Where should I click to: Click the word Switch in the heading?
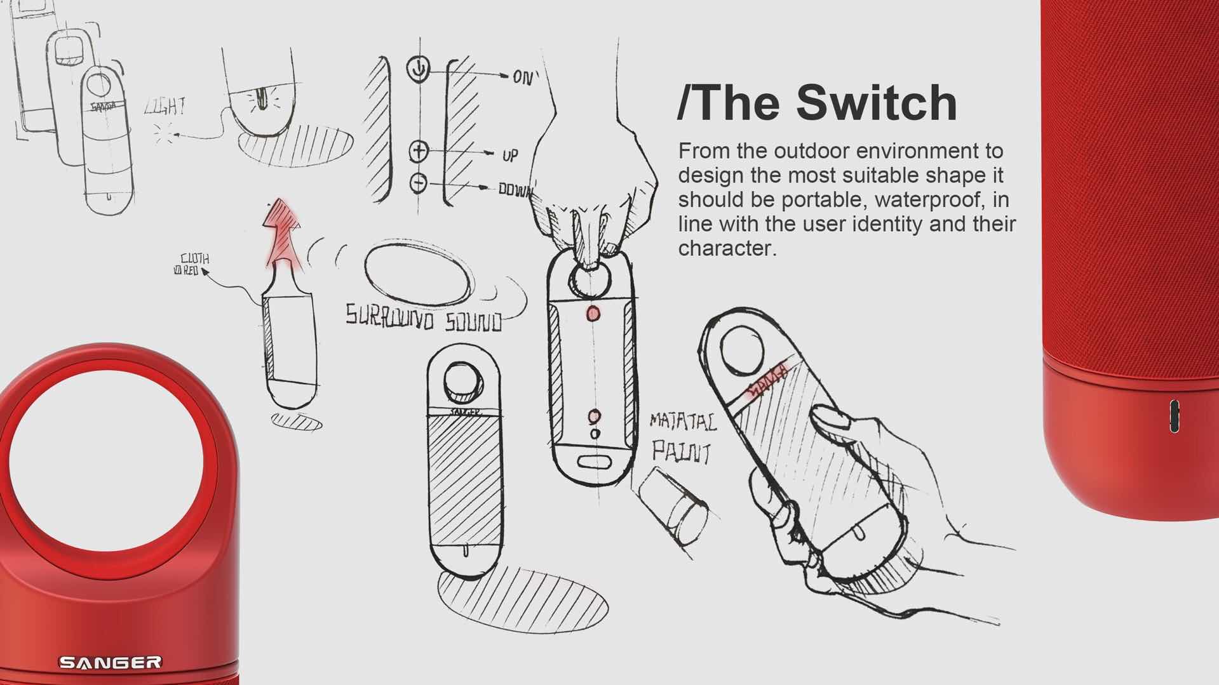pos(877,103)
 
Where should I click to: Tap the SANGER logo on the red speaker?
pos(110,663)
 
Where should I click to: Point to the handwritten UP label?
pos(509,155)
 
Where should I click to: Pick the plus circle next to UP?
pos(419,151)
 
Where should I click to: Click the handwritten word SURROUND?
pos(389,316)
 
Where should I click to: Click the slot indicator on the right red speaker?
pos(1175,416)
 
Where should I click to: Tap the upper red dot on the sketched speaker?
pos(593,313)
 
